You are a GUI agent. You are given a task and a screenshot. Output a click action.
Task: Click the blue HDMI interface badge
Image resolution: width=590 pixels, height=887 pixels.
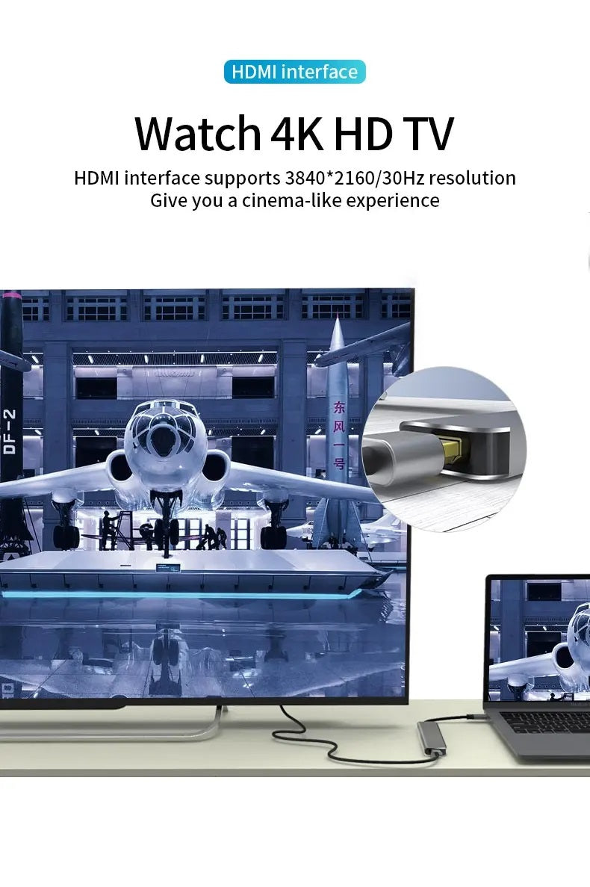coord(294,72)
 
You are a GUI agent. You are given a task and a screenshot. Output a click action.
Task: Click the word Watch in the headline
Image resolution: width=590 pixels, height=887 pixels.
coord(198,134)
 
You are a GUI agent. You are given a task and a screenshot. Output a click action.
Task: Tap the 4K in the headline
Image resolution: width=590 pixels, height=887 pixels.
coord(297,134)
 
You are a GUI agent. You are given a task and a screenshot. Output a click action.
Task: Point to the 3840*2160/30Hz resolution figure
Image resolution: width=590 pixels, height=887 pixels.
coord(354,178)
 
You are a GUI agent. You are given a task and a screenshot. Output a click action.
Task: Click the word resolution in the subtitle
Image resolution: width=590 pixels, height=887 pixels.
coord(472,178)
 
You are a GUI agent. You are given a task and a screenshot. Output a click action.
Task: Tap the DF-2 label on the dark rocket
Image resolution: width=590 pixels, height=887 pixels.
coord(10,432)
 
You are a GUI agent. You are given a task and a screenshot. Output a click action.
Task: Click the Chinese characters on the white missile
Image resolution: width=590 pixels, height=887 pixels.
coord(338,434)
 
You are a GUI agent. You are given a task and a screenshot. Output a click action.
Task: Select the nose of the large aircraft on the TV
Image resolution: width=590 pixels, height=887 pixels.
coord(163,436)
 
